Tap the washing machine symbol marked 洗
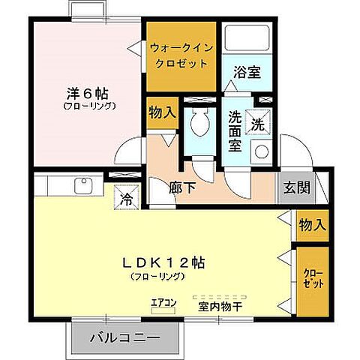coord(258,122)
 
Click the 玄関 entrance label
coord(295,187)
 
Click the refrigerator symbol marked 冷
coord(126,199)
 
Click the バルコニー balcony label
coord(125,337)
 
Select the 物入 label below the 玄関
coord(312,224)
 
